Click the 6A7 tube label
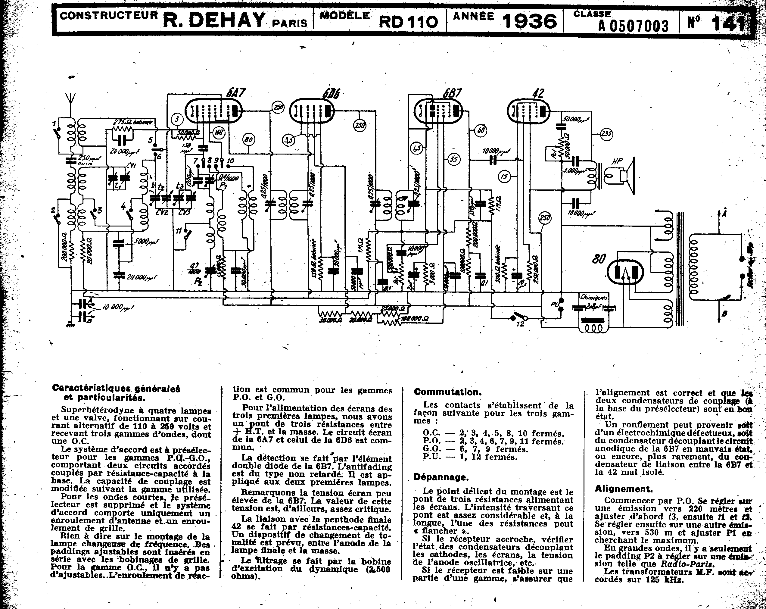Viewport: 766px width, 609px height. [x=235, y=93]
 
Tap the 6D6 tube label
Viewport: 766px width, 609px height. [x=331, y=93]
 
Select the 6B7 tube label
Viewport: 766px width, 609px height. [x=452, y=93]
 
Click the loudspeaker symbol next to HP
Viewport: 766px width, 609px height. [x=629, y=176]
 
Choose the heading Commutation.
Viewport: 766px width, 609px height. [x=448, y=392]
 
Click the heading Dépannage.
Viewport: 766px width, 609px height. [x=441, y=477]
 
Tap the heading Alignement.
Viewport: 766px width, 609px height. [x=624, y=489]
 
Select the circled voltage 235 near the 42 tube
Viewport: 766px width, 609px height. [x=606, y=134]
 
